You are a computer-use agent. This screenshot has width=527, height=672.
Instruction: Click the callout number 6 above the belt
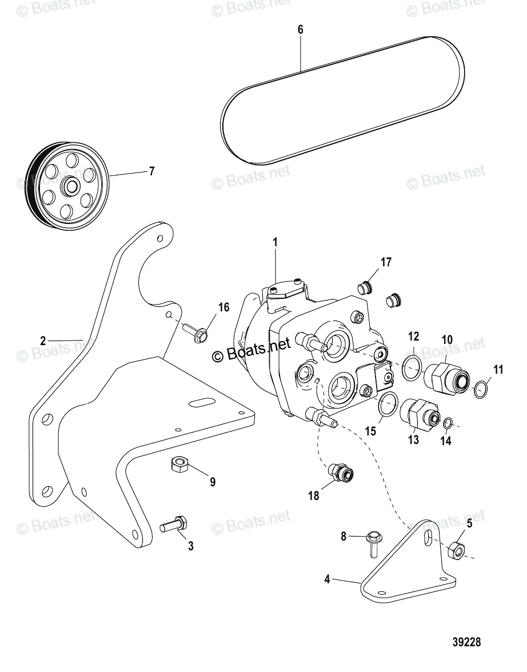(301, 30)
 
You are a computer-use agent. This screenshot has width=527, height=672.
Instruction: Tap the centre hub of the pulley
(71, 186)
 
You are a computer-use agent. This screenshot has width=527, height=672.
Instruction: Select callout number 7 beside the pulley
(151, 171)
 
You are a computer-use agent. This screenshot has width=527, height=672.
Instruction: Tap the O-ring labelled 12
(412, 369)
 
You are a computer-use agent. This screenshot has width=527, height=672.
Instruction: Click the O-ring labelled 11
(482, 389)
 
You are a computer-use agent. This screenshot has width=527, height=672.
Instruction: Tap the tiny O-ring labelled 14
(448, 423)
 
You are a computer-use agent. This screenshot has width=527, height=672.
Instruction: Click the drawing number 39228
(466, 642)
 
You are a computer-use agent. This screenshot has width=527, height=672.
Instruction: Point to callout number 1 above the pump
(275, 243)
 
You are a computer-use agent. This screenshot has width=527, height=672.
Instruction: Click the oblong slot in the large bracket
(202, 403)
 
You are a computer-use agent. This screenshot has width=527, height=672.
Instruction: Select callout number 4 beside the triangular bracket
(328, 579)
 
